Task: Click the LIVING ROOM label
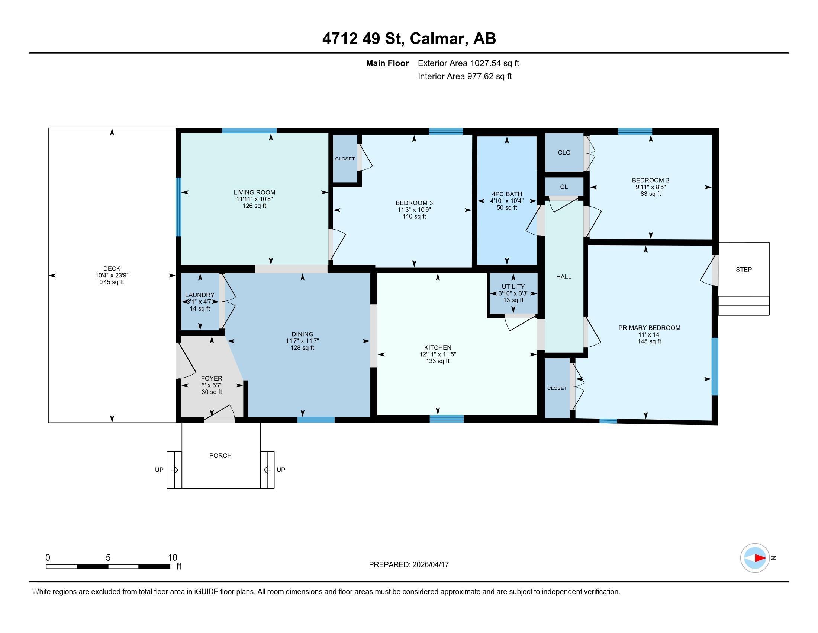[x=254, y=193]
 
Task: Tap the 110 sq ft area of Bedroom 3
[x=414, y=216]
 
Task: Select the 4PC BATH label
[x=507, y=194]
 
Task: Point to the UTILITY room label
[x=513, y=286]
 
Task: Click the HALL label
[x=564, y=277]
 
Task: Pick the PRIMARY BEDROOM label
[x=649, y=328]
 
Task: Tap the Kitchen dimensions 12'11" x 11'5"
[x=438, y=354]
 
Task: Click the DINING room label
[x=302, y=334]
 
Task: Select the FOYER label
[x=212, y=378]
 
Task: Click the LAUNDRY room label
[x=200, y=295]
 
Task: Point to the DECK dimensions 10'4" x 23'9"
[x=112, y=275]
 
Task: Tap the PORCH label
[x=220, y=455]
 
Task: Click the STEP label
[x=744, y=269]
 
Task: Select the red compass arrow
[x=760, y=558]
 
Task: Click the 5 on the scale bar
[x=108, y=557]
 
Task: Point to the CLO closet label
[x=564, y=153]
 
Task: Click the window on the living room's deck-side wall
[x=178, y=207]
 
